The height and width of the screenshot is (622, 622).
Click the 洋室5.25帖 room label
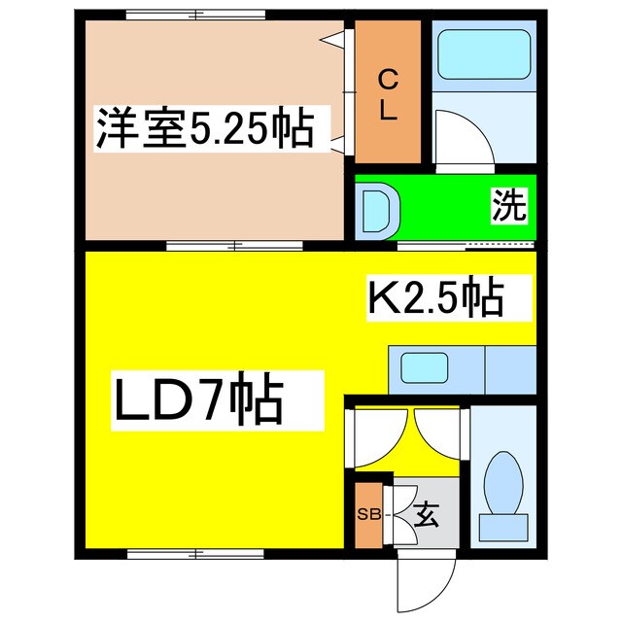(x=204, y=130)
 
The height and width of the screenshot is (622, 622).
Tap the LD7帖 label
(x=199, y=401)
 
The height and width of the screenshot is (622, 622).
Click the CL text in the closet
(x=387, y=94)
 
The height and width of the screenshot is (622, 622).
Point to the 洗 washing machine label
(x=507, y=206)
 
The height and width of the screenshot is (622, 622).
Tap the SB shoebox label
(x=367, y=513)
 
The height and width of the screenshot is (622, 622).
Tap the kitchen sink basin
(x=426, y=368)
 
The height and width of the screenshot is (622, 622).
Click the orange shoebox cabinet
(x=367, y=513)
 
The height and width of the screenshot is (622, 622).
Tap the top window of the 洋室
(x=194, y=16)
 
